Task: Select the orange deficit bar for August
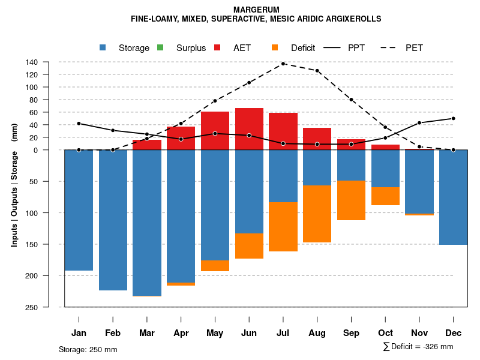click(317, 214)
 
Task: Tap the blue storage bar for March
click(147, 223)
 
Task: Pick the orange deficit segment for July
click(283, 227)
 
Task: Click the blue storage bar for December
click(454, 197)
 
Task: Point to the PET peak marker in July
click(283, 64)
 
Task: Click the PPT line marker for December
click(454, 118)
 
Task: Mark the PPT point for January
click(79, 124)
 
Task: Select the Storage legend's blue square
click(103, 48)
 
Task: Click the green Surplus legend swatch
click(160, 48)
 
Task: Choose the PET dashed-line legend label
click(414, 48)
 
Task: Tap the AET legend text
click(242, 48)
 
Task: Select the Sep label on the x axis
click(351, 333)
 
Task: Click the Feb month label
click(113, 333)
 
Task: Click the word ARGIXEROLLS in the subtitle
click(353, 19)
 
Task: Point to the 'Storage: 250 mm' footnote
click(88, 349)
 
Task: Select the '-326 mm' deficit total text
click(437, 347)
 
